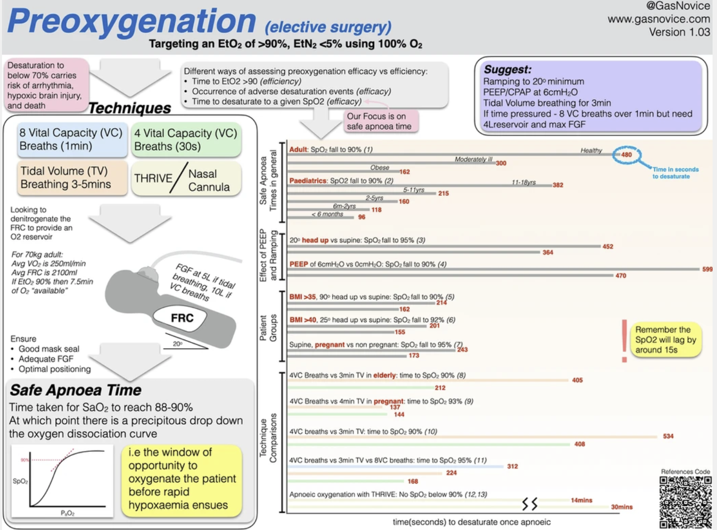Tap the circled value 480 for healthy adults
(626, 154)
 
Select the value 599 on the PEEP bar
(707, 269)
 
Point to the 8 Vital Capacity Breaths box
(71, 139)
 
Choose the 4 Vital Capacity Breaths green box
(186, 140)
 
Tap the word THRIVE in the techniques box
(153, 178)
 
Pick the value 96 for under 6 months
(362, 217)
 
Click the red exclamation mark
(624, 340)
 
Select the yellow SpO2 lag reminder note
(666, 340)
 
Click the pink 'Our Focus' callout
(379, 121)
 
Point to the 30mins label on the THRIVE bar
(622, 507)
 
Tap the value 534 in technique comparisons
(668, 436)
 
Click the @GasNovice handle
(677, 6)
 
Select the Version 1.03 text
(679, 32)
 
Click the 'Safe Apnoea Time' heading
(76, 390)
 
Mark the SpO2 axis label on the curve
(20, 481)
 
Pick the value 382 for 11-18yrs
(558, 185)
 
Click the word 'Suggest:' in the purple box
(507, 69)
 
